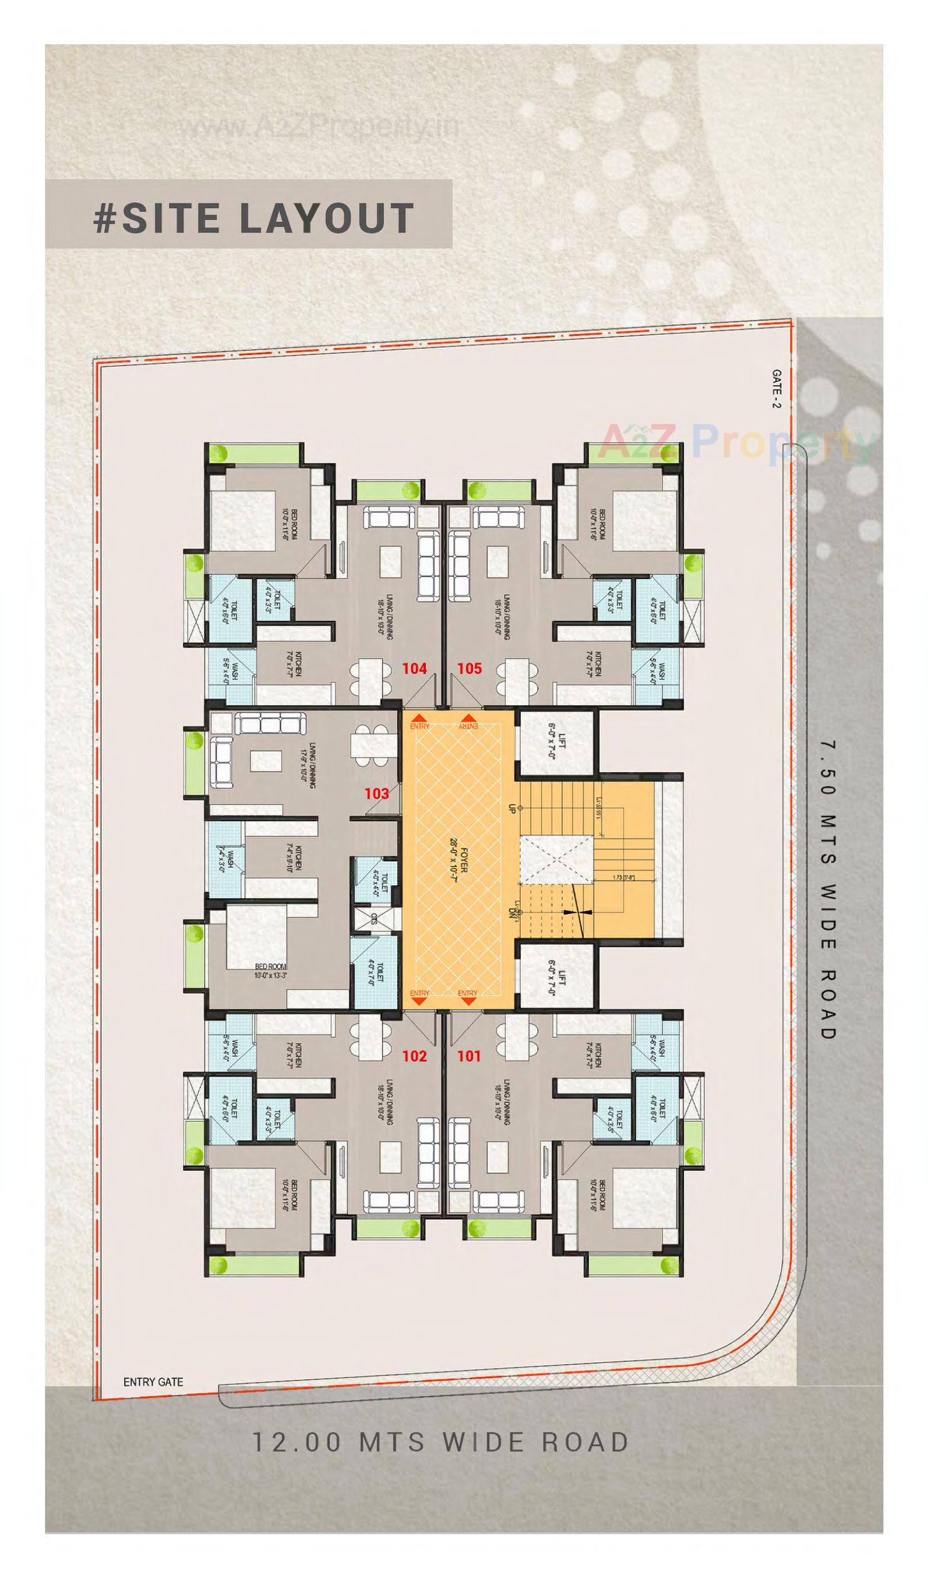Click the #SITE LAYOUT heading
click(x=253, y=218)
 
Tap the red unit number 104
click(x=414, y=668)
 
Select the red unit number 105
click(x=469, y=668)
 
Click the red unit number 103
click(x=377, y=794)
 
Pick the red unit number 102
click(x=414, y=1056)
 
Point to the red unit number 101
click(x=469, y=1056)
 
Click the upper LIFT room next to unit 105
click(x=556, y=744)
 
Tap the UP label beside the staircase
click(x=512, y=808)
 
